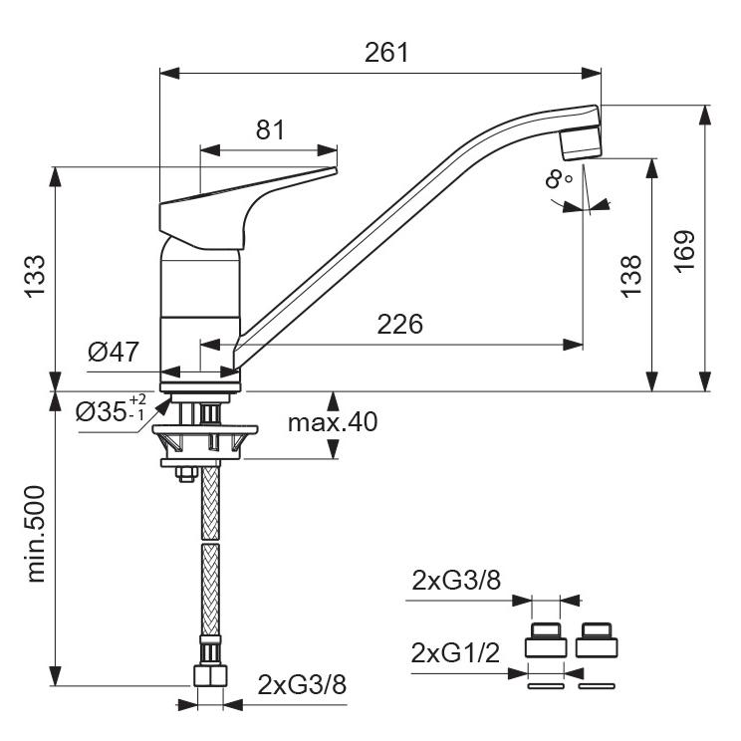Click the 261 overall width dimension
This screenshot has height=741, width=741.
coord(386,53)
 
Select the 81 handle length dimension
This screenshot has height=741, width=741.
coord(270,129)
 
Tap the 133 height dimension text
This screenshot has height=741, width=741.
coord(36,277)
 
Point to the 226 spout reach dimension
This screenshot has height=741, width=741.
coord(399,325)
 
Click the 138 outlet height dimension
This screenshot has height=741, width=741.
coord(631,277)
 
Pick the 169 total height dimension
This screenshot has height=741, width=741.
coord(685,251)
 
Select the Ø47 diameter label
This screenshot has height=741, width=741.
coord(114,352)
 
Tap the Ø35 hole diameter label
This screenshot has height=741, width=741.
coord(111,408)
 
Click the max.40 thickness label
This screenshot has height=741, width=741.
coord(333,422)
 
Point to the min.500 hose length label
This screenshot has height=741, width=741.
coord(36,534)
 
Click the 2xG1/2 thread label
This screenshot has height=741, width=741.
coord(455,654)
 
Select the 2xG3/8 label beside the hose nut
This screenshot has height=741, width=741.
coord(302,684)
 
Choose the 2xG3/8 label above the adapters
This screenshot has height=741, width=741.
coord(456,581)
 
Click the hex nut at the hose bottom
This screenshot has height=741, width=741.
coord(210,675)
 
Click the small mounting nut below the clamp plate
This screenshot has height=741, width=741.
coord(186,473)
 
